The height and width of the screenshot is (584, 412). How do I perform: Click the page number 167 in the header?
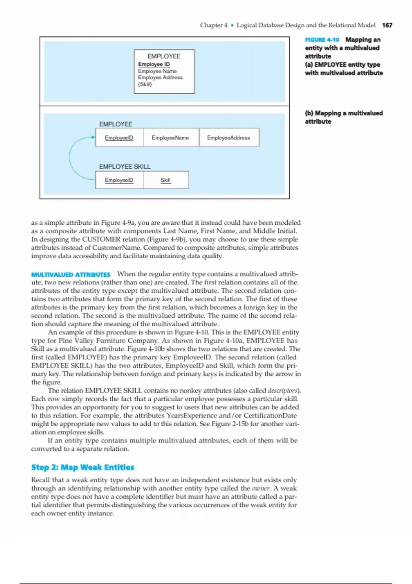[x=387, y=25]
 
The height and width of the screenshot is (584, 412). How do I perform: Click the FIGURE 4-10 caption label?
[x=322, y=40]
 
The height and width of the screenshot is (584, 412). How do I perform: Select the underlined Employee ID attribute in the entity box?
[x=154, y=64]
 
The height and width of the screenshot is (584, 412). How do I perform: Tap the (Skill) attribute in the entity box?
[x=145, y=84]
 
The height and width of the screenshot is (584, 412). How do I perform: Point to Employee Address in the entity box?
[x=160, y=78]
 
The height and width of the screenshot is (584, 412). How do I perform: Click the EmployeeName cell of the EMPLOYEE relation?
[x=171, y=138]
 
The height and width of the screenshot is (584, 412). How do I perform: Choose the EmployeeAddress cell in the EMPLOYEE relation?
[x=229, y=138]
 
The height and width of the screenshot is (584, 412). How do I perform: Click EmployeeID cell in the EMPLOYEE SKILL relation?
[x=119, y=180]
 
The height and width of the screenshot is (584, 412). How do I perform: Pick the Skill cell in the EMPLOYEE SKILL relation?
[x=165, y=180]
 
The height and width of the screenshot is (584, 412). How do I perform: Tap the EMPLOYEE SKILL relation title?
[x=125, y=167]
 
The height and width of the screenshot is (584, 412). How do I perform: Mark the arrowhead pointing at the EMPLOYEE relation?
[x=93, y=137]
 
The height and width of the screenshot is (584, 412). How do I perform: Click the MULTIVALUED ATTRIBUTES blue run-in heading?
[x=71, y=275]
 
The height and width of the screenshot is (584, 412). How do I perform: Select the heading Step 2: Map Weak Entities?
[x=82, y=467]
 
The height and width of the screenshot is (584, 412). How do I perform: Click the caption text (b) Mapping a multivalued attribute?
[x=343, y=117]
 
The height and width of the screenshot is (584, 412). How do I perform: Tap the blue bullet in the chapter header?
[x=232, y=25]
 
